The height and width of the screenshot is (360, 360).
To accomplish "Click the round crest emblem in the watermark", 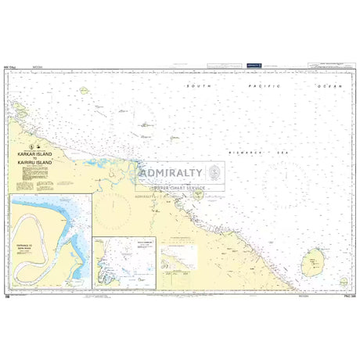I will [214, 173].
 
